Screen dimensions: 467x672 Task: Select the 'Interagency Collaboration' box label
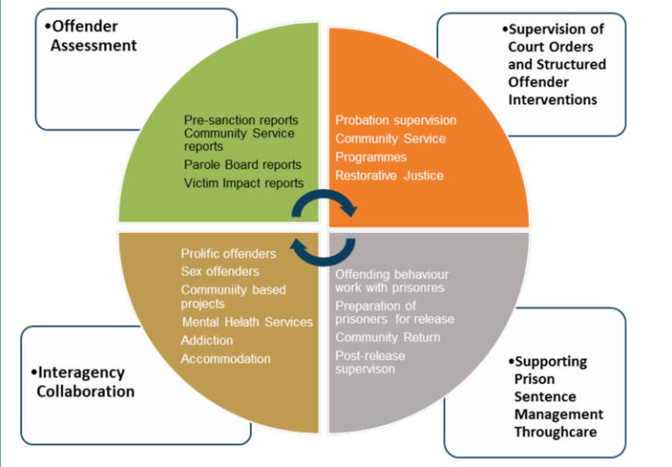(85, 381)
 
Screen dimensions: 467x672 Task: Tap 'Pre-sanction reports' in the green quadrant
(241, 120)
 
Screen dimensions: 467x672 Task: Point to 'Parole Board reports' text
(242, 164)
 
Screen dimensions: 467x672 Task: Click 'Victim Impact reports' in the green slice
(244, 183)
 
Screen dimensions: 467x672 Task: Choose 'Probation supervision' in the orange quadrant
(395, 120)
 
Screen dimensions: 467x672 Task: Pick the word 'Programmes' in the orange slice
(371, 157)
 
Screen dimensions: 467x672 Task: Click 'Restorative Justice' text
(389, 175)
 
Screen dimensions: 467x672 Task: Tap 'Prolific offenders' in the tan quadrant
(228, 254)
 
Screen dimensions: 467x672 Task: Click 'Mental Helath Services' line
(247, 322)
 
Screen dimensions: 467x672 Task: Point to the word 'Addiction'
(206, 340)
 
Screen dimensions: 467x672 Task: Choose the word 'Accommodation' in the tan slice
(226, 359)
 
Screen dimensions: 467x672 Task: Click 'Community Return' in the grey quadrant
(388, 338)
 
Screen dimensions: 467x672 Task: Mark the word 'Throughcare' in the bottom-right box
(555, 431)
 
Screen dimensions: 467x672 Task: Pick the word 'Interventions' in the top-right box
(552, 100)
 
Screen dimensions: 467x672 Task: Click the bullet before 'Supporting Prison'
(511, 361)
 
